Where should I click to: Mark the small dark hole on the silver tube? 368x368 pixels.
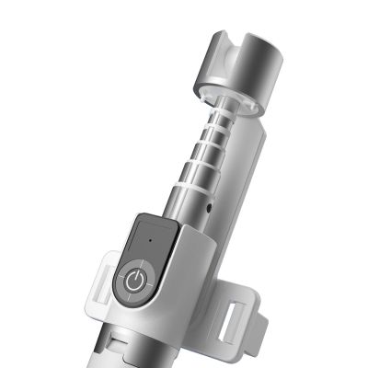(211, 206)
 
